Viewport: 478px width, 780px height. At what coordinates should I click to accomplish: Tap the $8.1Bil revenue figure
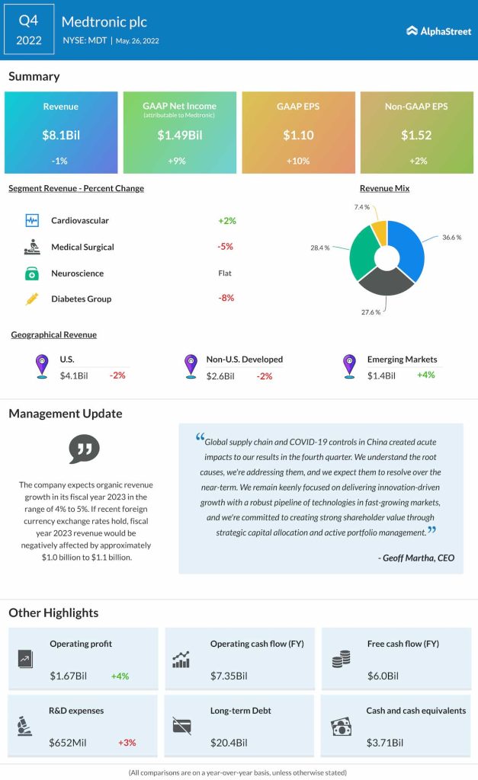point(61,136)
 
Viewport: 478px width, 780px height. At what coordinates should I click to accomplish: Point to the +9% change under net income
point(179,161)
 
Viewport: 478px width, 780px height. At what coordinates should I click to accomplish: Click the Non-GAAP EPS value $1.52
point(416,136)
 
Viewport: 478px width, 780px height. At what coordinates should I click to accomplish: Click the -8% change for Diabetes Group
point(226,298)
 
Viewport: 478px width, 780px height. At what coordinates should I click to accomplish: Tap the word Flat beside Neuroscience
point(226,273)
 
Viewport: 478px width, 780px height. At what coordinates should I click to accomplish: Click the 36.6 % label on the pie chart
point(451,238)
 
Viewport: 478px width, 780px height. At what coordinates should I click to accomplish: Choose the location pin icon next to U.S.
point(43,366)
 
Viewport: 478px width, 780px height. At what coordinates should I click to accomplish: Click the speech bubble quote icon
point(84,449)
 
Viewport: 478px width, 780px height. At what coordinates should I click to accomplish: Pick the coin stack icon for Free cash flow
point(341,660)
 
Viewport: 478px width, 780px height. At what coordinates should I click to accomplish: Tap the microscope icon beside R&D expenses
point(25,726)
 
